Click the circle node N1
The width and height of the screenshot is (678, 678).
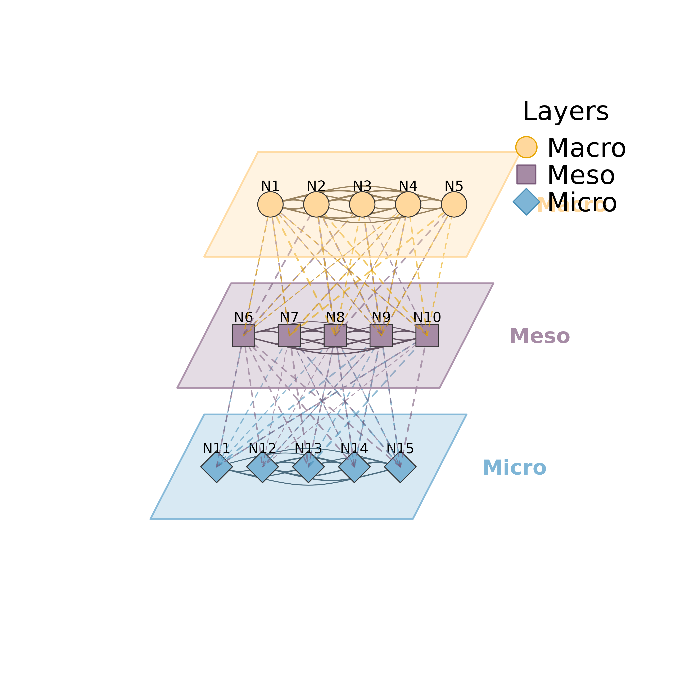click(270, 204)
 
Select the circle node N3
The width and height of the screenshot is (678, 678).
click(362, 204)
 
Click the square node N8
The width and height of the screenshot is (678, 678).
click(335, 335)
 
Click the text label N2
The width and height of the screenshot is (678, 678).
click(316, 186)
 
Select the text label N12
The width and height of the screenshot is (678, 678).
click(262, 448)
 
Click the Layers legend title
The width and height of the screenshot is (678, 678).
click(566, 112)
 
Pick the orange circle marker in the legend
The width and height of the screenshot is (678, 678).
click(526, 147)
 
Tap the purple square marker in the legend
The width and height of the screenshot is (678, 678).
click(526, 174)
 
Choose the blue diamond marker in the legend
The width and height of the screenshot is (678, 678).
click(526, 202)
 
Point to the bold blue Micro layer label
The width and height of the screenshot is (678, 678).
click(515, 467)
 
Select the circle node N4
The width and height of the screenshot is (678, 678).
click(408, 204)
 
